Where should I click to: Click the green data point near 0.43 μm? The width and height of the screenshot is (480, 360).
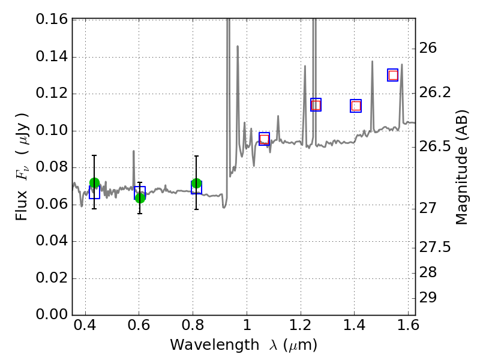point(94,183)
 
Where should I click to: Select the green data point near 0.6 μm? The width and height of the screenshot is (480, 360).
point(140,197)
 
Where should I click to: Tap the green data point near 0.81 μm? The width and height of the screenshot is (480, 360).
point(196,183)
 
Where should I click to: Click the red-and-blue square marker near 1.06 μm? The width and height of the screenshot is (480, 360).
point(264,139)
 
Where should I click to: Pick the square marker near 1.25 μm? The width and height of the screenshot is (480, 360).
point(316,105)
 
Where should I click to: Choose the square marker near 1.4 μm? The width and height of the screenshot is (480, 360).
point(356,106)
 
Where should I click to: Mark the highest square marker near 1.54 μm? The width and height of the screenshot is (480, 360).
point(393,75)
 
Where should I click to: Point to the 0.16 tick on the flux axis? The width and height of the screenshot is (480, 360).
point(52,20)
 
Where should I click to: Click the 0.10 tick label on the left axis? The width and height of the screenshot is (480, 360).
point(52,131)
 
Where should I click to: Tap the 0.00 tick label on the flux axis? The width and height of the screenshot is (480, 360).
point(52,315)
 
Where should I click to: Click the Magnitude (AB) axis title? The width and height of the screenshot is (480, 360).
point(461,167)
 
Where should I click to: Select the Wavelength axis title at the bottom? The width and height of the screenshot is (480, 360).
point(244,346)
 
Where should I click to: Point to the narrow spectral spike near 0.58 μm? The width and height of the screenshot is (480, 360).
point(133,152)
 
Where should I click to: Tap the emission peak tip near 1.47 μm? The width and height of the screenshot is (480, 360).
point(372,62)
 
